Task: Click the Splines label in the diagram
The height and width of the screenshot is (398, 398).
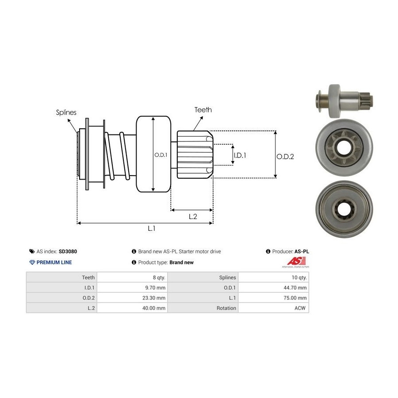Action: coord(66,112)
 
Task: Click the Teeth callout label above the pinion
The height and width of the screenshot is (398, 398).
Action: coord(203,110)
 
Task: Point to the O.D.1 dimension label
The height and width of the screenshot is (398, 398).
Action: coord(160,155)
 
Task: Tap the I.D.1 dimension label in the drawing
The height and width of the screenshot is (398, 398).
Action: coord(240,155)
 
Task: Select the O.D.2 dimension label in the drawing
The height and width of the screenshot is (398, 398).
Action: coord(285,156)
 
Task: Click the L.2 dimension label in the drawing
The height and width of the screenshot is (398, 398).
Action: coord(193,216)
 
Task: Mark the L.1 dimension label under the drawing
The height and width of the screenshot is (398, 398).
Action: coord(151,228)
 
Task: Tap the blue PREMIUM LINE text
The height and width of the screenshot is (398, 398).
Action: coord(54,262)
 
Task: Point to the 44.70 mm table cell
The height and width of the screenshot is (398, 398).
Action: coord(295,287)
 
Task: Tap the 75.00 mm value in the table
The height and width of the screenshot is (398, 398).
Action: coord(295,298)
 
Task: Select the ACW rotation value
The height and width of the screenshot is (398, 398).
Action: coord(301,308)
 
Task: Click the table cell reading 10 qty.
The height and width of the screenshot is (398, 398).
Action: coord(297,277)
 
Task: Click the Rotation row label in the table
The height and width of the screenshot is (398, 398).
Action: coord(226,308)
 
